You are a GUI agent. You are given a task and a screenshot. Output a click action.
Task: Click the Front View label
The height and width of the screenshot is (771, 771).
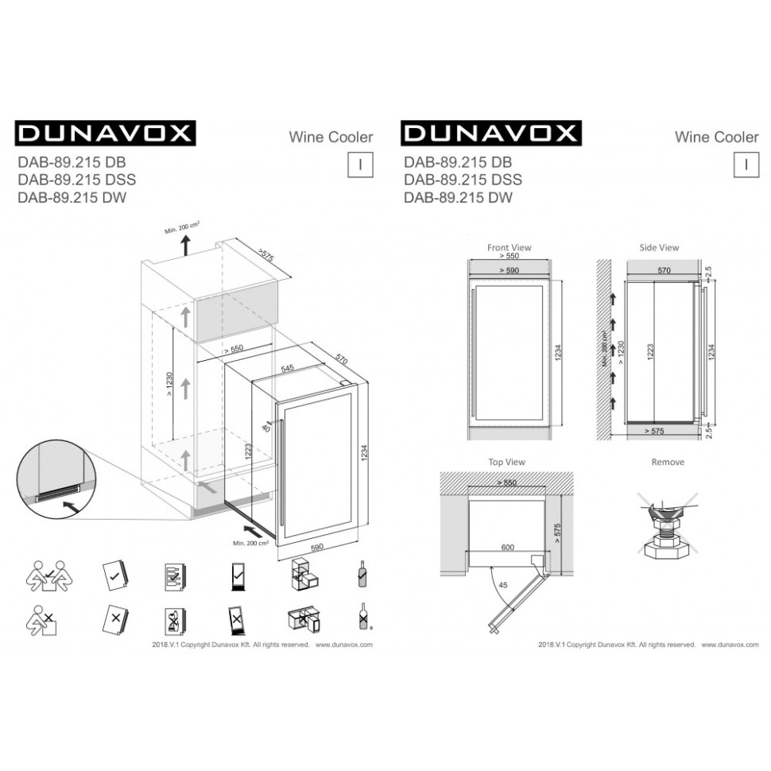click(509, 248)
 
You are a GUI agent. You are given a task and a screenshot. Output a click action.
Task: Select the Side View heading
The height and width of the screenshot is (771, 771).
click(659, 248)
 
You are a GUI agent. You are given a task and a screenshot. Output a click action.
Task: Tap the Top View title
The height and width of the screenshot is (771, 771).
click(506, 462)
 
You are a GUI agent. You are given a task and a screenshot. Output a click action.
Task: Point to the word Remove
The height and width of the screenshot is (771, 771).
click(668, 462)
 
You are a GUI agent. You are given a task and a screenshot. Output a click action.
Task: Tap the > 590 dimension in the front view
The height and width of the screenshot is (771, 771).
click(509, 271)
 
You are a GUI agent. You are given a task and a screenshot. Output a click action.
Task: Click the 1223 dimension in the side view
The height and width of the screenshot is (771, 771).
click(651, 354)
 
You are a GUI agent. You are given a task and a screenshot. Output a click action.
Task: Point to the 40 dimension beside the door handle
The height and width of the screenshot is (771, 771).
click(266, 428)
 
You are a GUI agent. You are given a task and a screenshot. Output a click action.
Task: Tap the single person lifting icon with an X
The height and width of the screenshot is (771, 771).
click(39, 621)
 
